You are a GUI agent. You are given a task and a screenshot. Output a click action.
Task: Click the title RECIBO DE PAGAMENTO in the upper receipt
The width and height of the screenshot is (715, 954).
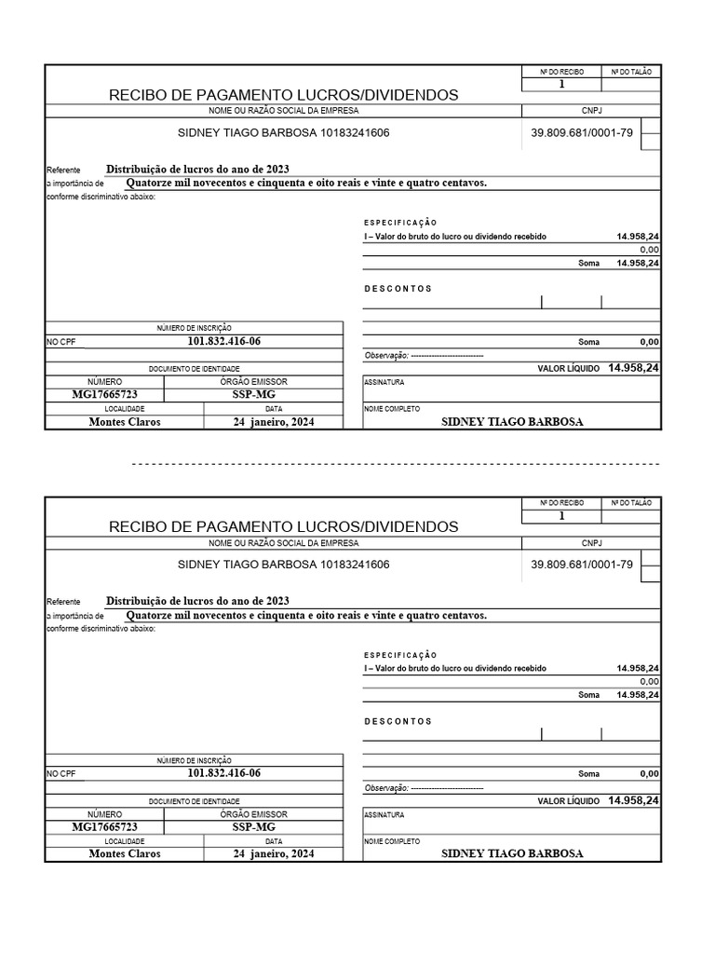283,95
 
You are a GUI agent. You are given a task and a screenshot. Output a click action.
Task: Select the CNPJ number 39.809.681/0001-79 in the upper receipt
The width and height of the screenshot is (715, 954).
582,133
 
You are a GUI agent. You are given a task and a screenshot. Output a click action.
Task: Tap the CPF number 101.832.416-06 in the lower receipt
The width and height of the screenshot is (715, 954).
224,773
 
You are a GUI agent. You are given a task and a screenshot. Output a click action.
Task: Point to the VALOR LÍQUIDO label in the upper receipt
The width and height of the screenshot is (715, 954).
569,369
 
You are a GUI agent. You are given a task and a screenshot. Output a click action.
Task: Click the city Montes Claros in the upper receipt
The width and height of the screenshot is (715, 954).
125,422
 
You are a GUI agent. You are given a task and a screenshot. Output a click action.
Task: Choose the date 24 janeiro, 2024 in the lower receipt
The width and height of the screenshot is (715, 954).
274,853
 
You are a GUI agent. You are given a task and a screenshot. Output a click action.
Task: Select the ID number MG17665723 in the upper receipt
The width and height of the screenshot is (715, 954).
105,394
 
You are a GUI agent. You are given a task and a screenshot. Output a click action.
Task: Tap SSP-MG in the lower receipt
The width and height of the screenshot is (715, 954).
253,826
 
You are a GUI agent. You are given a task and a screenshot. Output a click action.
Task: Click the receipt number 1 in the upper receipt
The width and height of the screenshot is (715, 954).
561,84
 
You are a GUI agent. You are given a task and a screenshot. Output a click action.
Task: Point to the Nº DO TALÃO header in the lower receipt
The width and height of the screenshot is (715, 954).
631,503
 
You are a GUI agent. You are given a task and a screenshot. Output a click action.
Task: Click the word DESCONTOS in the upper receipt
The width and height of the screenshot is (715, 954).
398,289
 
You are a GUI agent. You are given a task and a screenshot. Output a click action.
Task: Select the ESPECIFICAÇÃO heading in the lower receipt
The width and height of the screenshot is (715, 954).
399,655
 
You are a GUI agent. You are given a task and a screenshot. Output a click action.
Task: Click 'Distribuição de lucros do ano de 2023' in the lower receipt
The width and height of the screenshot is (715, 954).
197,601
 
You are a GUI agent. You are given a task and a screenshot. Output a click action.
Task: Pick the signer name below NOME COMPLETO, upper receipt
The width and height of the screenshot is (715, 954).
512,422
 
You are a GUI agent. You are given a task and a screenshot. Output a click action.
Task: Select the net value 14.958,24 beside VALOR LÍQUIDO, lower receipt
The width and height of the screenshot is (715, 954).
633,800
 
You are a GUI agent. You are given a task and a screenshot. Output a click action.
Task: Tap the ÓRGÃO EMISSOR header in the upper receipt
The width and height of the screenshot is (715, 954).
253,382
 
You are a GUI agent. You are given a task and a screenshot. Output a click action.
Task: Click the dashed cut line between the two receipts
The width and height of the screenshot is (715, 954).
396,463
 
